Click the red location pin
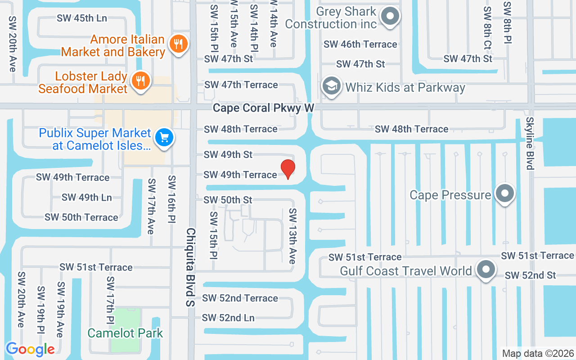pos(288,169)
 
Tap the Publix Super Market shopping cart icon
pos(164,137)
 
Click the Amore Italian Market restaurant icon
pos(179,44)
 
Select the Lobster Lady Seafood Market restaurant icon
pos(141,81)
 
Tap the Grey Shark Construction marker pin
pos(390,17)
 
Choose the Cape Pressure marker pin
pos(504,193)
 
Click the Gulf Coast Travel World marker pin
pos(486,270)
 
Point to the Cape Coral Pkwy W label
pos(263,108)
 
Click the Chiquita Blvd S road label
pos(191,267)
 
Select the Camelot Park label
pos(125,333)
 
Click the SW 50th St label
pos(228,199)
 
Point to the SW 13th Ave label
pos(292,236)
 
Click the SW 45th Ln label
pos(82,18)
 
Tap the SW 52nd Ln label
pos(228,318)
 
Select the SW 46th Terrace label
pos(360,44)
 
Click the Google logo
pos(30,349)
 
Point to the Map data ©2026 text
pos(538,354)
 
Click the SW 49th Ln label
pos(87,197)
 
